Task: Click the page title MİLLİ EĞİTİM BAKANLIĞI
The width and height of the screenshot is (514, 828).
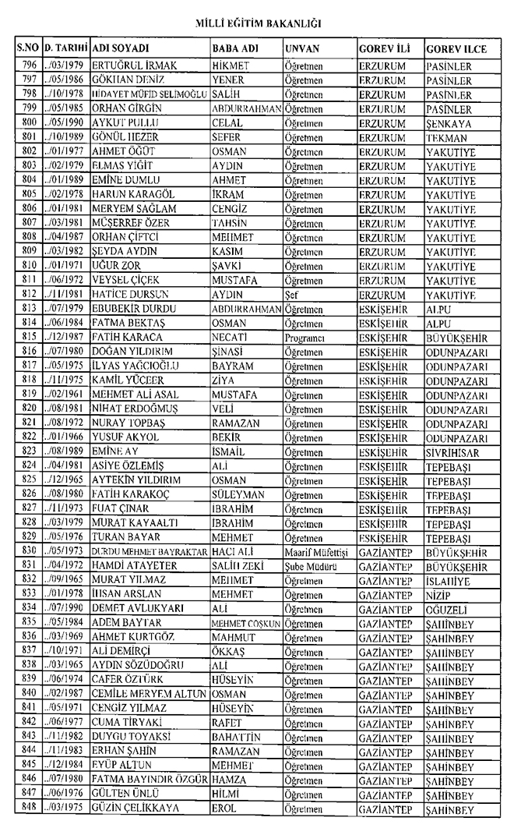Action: tap(256, 24)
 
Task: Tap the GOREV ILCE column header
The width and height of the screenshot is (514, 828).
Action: tap(456, 48)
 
